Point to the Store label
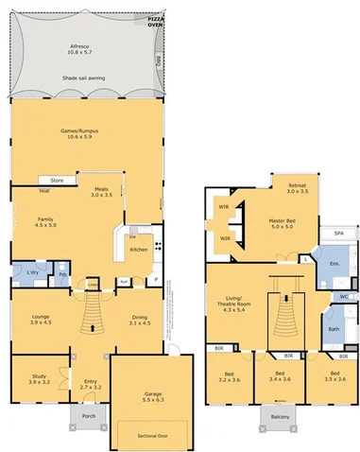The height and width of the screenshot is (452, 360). (x=57, y=179)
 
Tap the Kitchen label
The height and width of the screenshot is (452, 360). (x=139, y=249)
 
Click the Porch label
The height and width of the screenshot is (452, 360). (x=89, y=416)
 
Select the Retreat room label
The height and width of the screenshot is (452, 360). (x=298, y=185)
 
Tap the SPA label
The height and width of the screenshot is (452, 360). (x=337, y=233)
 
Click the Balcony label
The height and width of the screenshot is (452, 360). (x=279, y=417)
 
